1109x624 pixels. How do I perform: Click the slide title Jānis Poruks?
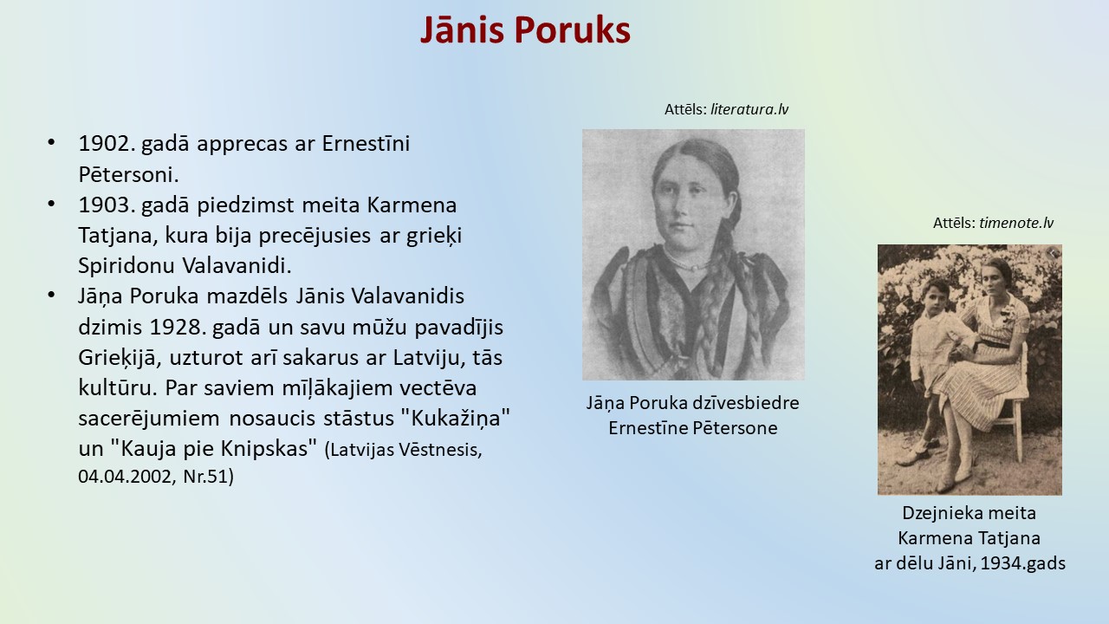click(525, 29)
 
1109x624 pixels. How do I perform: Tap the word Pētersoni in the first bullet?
click(128, 174)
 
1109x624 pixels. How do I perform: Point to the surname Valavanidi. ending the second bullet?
click(237, 265)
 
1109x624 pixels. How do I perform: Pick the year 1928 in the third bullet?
click(175, 328)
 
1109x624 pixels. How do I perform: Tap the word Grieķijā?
click(120, 358)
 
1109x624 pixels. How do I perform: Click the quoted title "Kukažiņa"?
click(454, 419)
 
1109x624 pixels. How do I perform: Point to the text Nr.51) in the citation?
click(209, 477)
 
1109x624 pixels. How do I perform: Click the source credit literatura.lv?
click(749, 109)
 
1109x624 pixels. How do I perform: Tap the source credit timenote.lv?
click(1016, 223)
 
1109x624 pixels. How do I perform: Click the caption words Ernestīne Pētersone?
click(693, 428)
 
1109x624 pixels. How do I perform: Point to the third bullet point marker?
click(51, 296)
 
